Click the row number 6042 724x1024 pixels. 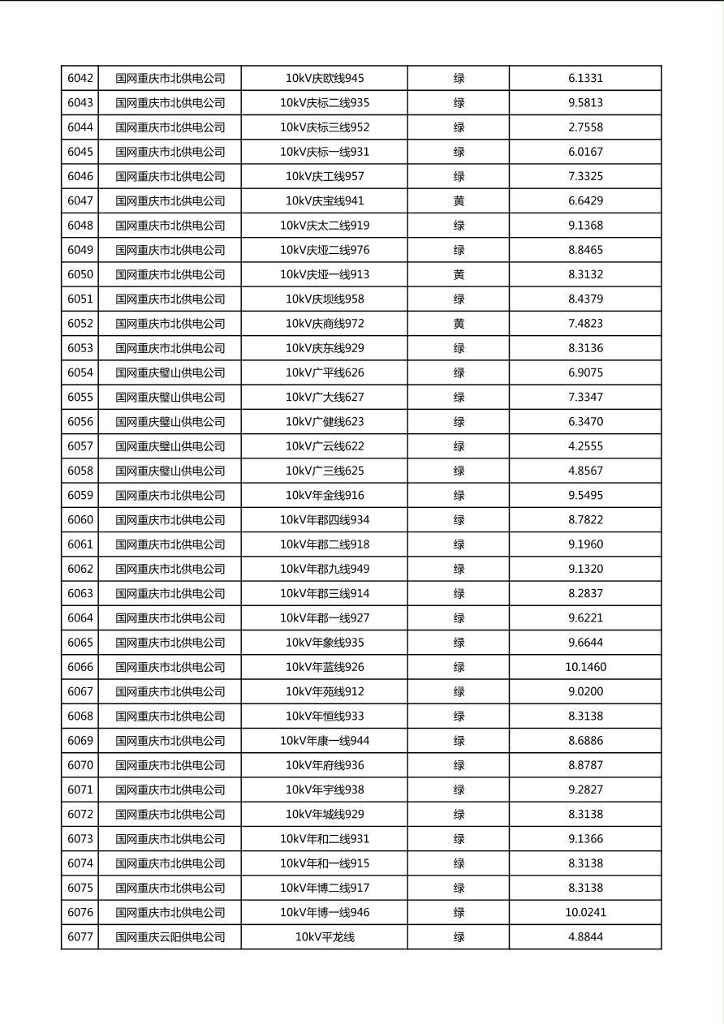tap(80, 79)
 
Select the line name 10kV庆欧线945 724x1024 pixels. tap(325, 79)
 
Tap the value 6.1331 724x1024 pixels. tap(585, 79)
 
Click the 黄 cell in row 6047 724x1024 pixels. tap(459, 201)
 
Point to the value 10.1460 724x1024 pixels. tap(585, 667)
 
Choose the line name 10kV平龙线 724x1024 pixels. tap(325, 937)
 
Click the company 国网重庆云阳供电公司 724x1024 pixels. tap(170, 937)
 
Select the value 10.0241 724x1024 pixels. tap(585, 913)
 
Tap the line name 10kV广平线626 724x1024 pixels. tap(325, 373)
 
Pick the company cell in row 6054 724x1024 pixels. tap(170, 373)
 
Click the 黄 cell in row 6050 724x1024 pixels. tap(459, 275)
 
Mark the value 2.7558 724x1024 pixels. tap(585, 127)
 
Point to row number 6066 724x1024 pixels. tap(80, 667)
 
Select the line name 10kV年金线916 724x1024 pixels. tap(325, 496)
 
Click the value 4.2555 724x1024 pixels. tap(585, 446)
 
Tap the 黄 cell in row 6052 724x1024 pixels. tap(459, 324)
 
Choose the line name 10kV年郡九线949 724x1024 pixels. tap(325, 569)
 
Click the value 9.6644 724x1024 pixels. tap(585, 643)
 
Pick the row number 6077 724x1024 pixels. tap(80, 937)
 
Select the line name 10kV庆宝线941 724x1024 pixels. tap(325, 201)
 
